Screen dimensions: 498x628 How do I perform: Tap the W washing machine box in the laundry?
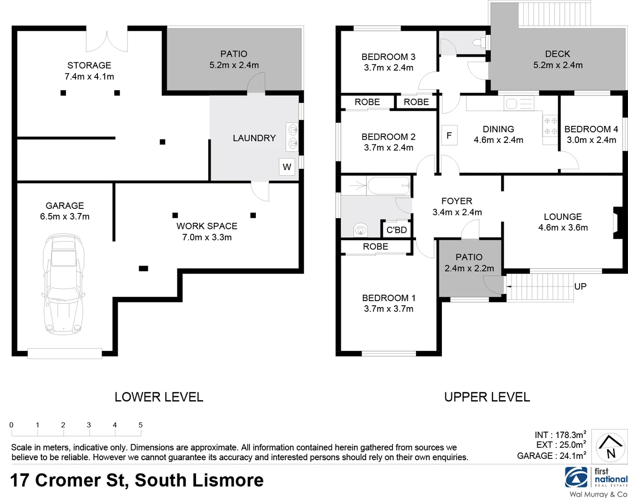[x=287, y=167]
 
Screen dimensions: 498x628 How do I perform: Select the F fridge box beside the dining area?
[x=449, y=136]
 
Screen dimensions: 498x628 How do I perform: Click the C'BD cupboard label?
[x=397, y=230]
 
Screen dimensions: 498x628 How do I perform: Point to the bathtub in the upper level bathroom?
[x=388, y=186]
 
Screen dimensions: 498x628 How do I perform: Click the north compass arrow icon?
[x=610, y=447]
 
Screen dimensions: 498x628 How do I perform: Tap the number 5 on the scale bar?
[x=140, y=425]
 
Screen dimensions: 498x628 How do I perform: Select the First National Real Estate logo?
[x=596, y=478]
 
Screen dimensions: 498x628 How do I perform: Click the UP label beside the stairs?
[x=580, y=286]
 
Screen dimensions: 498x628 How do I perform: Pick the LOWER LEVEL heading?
[x=159, y=397]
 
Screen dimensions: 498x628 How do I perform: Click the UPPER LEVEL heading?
[x=487, y=397]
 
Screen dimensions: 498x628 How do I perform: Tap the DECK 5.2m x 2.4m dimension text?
[x=558, y=65]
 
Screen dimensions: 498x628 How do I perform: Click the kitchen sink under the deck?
[x=512, y=104]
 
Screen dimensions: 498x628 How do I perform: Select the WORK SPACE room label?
[x=207, y=226]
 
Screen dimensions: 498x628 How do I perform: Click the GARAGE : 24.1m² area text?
[x=551, y=456]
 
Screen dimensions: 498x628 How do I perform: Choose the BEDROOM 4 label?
[x=591, y=129]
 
